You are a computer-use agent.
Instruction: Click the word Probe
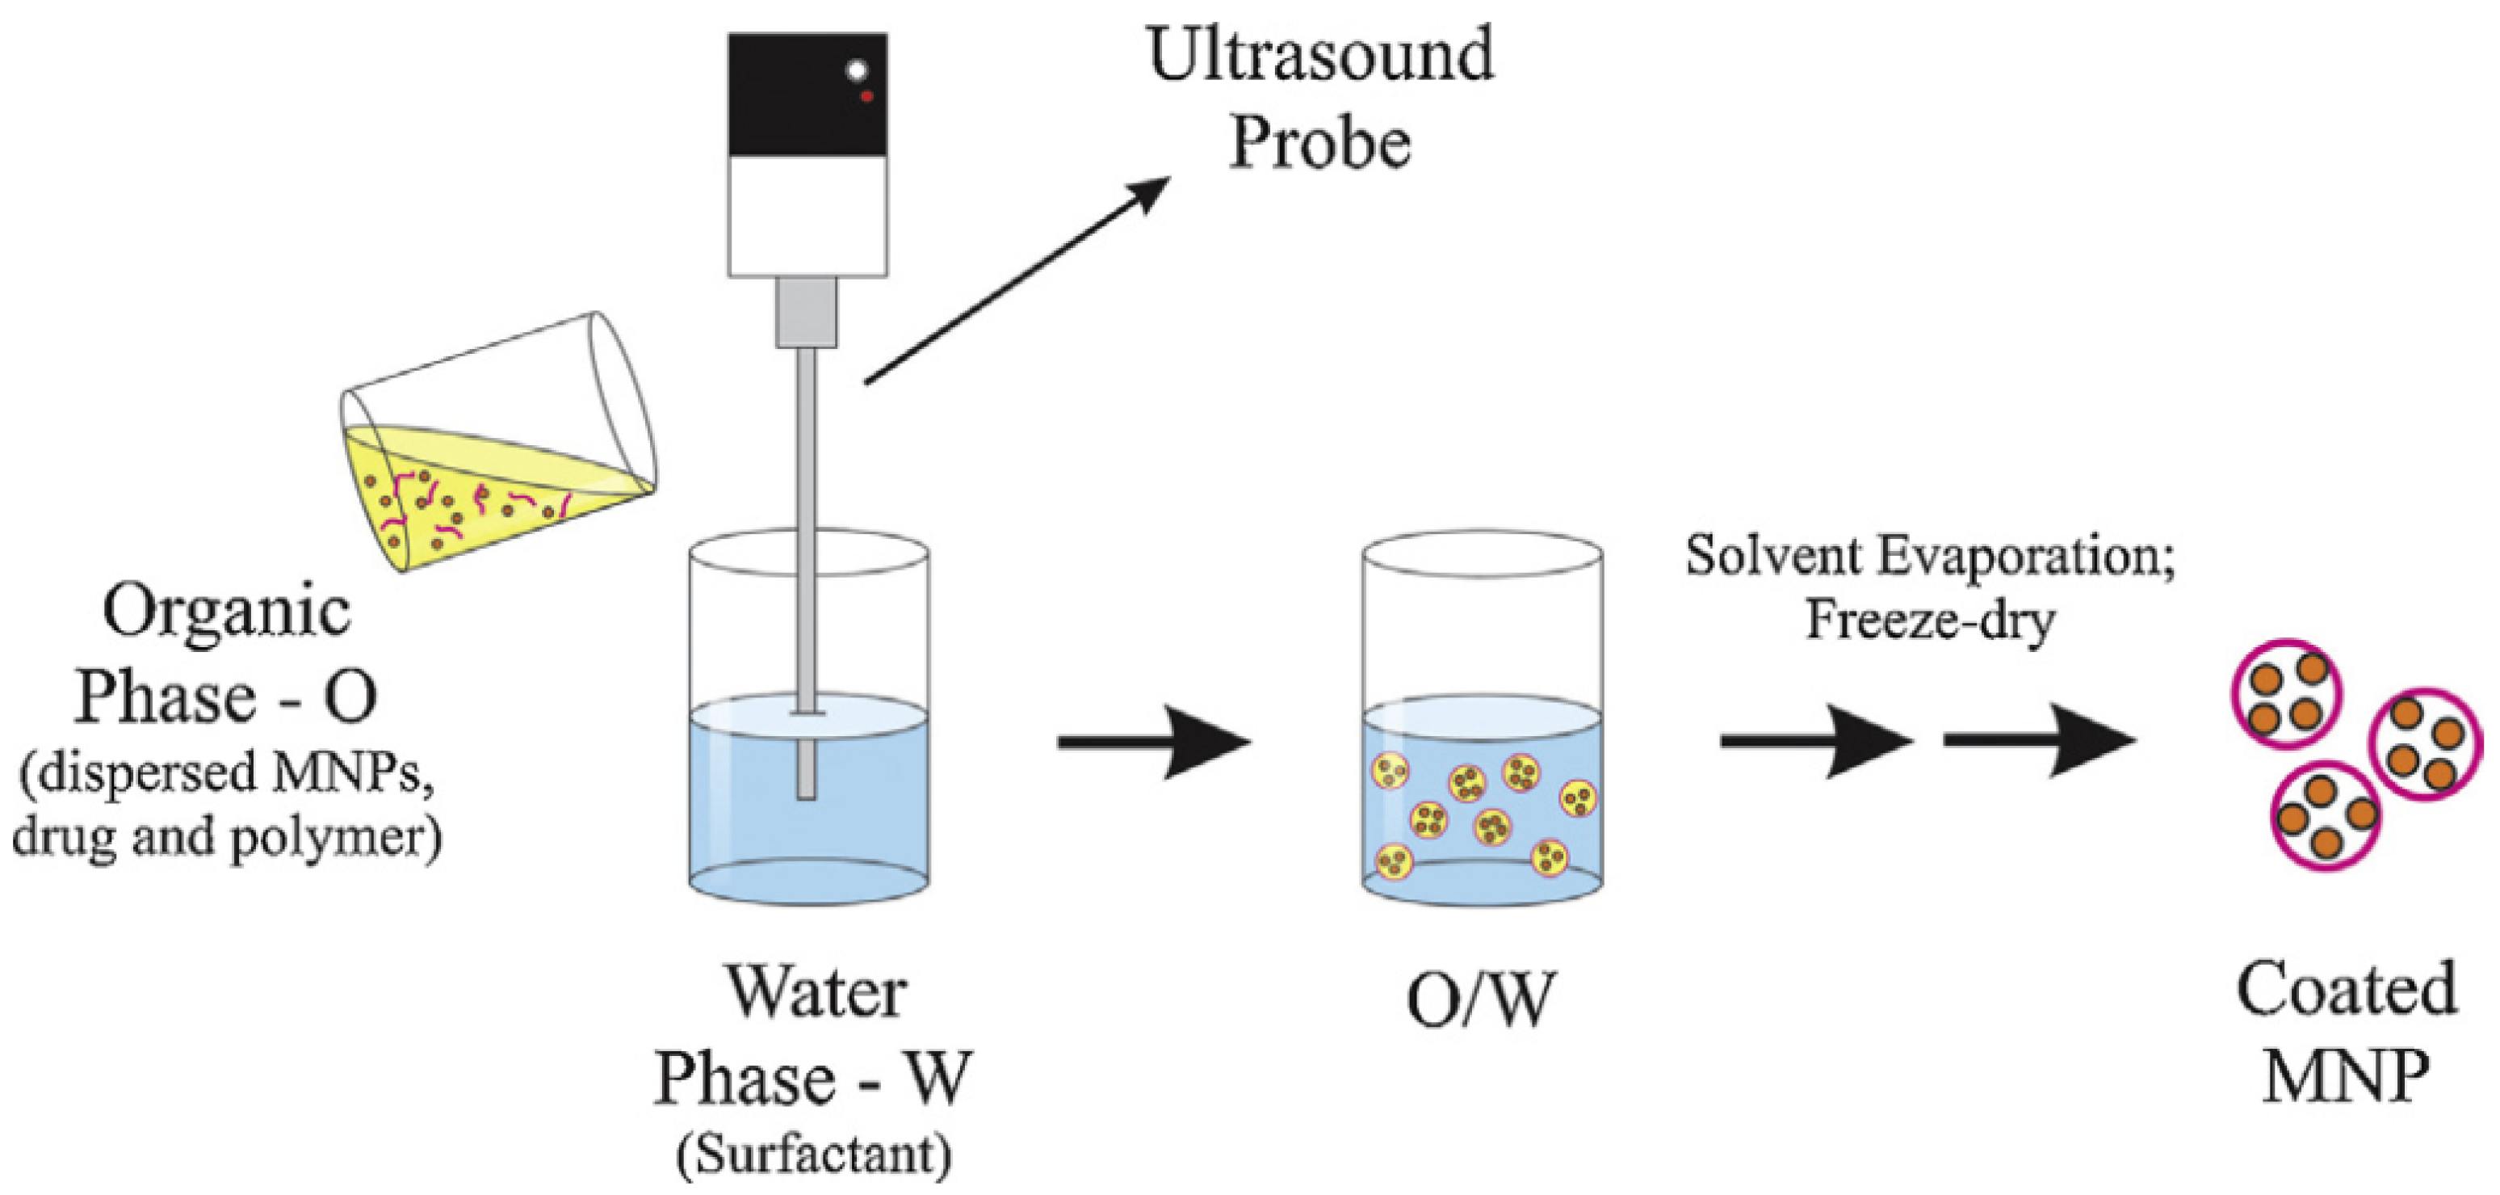pyautogui.click(x=1320, y=144)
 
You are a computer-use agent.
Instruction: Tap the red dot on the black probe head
pyautogui.click(x=866, y=96)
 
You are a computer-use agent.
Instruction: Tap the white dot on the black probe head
pyautogui.click(x=857, y=70)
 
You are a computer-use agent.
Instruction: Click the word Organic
pyautogui.click(x=226, y=612)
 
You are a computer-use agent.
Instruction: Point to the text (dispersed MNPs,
pyautogui.click(x=226, y=774)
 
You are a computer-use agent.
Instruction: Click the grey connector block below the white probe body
pyautogui.click(x=807, y=312)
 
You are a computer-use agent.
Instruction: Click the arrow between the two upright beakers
pyautogui.click(x=1154, y=743)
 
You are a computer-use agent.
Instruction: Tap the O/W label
pyautogui.click(x=1480, y=1001)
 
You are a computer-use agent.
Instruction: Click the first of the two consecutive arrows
pyautogui.click(x=1814, y=742)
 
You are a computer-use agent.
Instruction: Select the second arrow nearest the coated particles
pyautogui.click(x=2038, y=742)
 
